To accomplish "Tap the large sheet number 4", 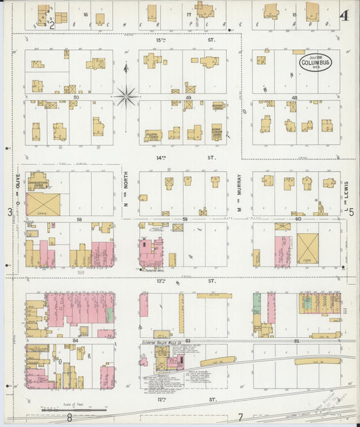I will pos(344,15).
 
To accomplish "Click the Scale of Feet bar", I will pos(74,409).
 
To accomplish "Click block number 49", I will pos(188,98).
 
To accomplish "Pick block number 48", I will pos(294,98).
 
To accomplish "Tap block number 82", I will pos(297,341).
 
